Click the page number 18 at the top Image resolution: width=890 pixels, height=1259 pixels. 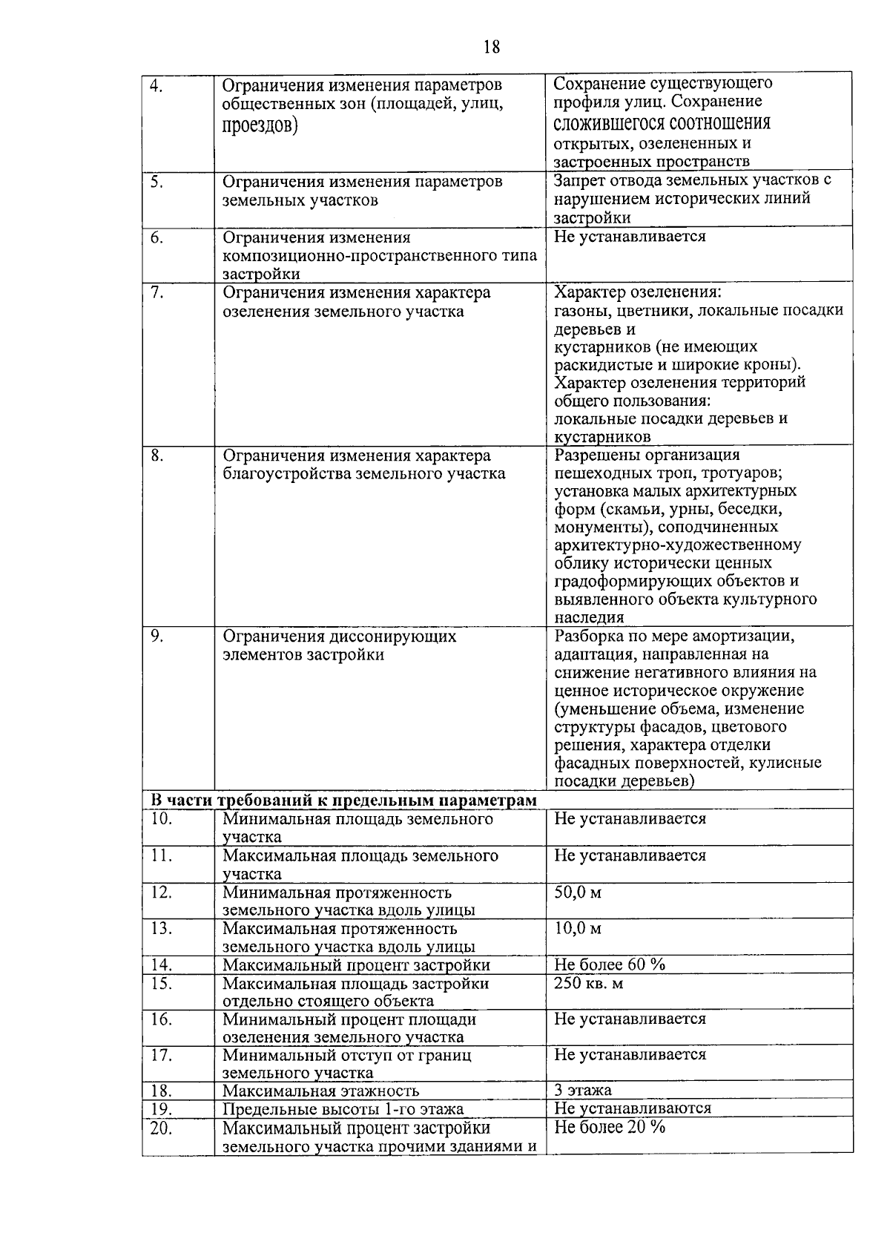[x=491, y=47]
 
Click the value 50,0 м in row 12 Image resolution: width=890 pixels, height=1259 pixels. [x=578, y=893]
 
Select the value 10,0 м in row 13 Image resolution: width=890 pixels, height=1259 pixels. [x=578, y=929]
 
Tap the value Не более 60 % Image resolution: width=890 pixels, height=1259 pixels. [x=610, y=964]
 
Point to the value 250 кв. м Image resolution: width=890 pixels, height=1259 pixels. [x=588, y=983]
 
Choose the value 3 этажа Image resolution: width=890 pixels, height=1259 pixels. [x=583, y=1091]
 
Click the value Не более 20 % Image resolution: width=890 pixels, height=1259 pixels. [x=610, y=1127]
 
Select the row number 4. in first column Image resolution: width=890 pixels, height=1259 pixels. [x=156, y=86]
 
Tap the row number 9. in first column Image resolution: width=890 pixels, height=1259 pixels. [x=156, y=637]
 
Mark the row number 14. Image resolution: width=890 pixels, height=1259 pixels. [x=160, y=965]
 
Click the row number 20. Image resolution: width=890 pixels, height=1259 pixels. [x=160, y=1128]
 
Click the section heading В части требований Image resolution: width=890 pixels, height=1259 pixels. [x=343, y=801]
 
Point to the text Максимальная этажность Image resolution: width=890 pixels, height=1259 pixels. [x=320, y=1091]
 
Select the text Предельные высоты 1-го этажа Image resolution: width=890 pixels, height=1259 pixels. [x=343, y=1109]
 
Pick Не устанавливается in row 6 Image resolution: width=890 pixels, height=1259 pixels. [x=630, y=237]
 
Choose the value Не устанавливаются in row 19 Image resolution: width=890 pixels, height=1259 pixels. [x=633, y=1108]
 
